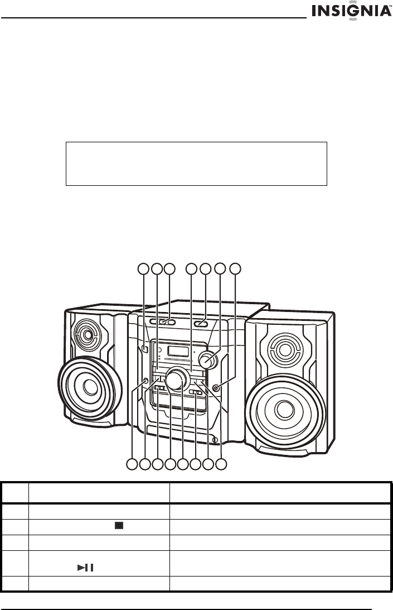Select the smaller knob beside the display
[x=210, y=361]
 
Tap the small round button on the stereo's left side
[x=145, y=381]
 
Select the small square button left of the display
[x=144, y=349]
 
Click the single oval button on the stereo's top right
[x=201, y=323]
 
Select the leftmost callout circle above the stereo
[x=144, y=269]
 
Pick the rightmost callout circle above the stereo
[x=236, y=269]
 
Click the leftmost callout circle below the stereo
[x=132, y=463]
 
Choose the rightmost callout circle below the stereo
[x=221, y=463]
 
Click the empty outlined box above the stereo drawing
[x=196, y=163]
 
